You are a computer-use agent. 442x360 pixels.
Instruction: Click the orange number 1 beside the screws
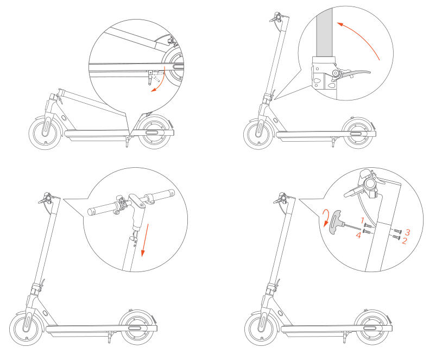[363, 220]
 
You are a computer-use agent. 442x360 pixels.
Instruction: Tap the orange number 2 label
[405, 241]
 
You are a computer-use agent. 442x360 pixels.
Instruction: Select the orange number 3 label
[407, 232]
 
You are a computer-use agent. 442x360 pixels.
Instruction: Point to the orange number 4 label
[358, 235]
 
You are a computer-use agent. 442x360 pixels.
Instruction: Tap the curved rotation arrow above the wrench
[326, 218]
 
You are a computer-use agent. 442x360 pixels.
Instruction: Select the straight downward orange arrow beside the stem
[145, 240]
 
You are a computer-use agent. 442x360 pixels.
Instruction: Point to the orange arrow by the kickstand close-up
[161, 81]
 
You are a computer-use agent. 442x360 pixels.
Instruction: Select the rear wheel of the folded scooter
[153, 132]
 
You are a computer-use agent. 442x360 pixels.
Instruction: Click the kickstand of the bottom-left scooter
[109, 337]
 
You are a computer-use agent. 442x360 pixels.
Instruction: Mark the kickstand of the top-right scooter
[334, 142]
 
